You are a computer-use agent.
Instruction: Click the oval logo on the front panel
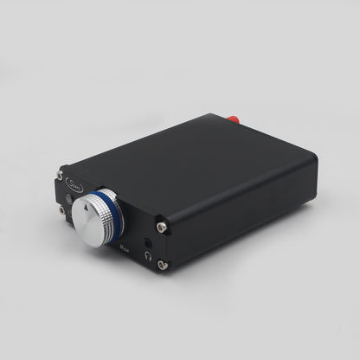(x=73, y=183)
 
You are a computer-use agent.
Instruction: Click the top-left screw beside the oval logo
(x=60, y=176)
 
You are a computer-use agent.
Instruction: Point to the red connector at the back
(x=231, y=118)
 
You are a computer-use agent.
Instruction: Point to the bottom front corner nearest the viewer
(x=162, y=273)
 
